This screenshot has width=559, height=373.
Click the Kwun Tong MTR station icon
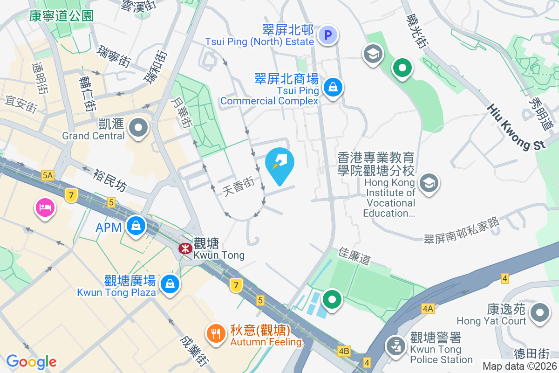[185, 248]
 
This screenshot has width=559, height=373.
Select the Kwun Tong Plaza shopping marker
[169, 283]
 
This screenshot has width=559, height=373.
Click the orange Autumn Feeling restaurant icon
[215, 333]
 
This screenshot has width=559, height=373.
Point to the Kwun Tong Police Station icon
[395, 346]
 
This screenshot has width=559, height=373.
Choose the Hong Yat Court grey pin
[540, 311]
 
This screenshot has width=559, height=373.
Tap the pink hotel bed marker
[45, 207]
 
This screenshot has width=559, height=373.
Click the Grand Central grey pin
[138, 127]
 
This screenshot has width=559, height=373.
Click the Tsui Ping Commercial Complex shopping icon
[334, 87]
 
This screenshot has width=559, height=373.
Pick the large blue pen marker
[280, 163]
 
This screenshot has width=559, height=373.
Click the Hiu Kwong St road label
[516, 127]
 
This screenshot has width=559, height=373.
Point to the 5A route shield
[48, 175]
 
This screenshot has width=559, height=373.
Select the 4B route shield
[344, 351]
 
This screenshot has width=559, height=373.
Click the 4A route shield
[428, 309]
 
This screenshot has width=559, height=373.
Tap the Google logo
[32, 361]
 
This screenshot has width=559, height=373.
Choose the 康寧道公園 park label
[61, 16]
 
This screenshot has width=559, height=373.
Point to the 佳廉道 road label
[355, 256]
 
